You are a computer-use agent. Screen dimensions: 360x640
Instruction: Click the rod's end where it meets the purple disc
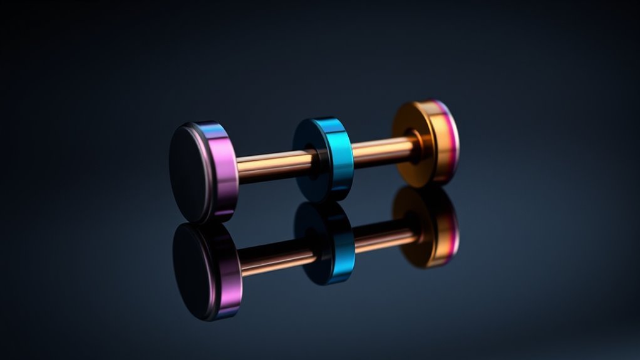[242, 168]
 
